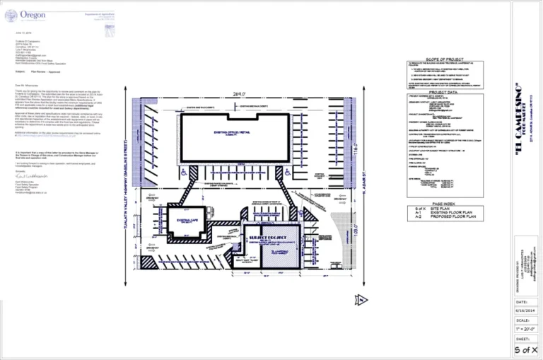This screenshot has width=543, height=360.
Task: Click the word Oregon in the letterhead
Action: pos(33,13)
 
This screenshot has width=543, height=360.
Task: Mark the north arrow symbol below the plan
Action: pos(363,300)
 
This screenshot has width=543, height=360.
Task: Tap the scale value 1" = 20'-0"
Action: pos(526,329)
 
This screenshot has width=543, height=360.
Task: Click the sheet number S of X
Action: pos(526,349)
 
